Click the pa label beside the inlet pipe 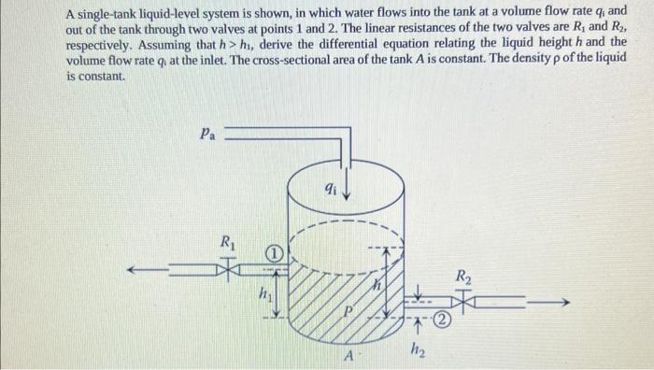tap(207, 134)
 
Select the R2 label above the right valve tap(463, 277)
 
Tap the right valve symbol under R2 tap(463, 302)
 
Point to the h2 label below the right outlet tap(417, 351)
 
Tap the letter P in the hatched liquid tap(348, 310)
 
